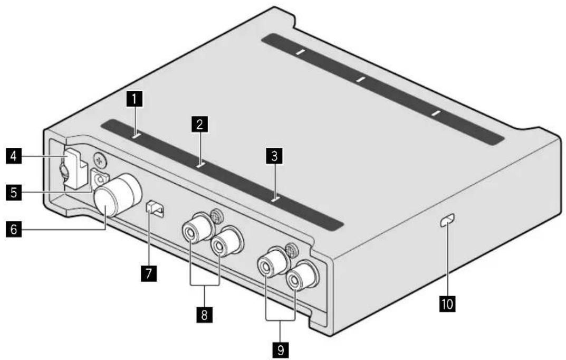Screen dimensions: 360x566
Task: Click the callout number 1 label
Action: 136,98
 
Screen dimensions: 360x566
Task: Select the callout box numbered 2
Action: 199,125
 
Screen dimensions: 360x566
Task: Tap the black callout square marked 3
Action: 273,156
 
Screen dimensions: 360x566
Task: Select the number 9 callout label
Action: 279,349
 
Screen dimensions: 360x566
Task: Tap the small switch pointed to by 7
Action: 156,209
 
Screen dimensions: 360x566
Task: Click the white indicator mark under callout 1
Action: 136,136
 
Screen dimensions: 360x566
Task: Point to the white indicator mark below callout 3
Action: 274,200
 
